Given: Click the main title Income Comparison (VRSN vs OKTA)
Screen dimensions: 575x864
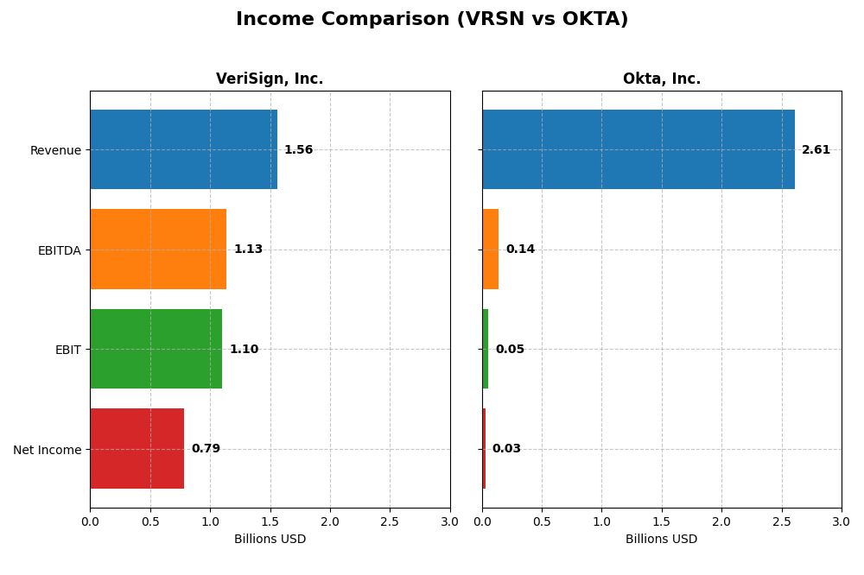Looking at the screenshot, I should point(432,19).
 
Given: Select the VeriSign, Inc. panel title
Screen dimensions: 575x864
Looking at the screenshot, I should point(270,79).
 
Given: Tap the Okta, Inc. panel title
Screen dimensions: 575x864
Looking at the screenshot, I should point(662,79).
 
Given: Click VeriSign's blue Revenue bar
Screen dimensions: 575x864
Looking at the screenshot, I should point(183,149).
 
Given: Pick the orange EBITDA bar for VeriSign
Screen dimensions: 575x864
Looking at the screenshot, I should point(158,249).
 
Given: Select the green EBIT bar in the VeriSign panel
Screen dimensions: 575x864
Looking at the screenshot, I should point(156,349).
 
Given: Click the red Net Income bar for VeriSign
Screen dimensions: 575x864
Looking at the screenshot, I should point(137,448).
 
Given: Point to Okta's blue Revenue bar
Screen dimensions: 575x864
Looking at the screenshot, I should point(638,149).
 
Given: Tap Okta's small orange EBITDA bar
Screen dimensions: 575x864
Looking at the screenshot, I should point(490,249).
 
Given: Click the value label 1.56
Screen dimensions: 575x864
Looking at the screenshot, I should point(298,150).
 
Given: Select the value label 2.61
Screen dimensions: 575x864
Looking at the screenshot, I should point(816,150).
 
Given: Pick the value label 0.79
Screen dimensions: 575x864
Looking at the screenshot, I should point(206,449).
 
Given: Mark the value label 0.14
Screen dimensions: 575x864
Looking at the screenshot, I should point(520,250).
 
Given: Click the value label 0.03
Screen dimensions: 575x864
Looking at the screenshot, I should point(506,449).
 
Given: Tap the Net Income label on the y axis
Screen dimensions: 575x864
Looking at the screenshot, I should point(48,450).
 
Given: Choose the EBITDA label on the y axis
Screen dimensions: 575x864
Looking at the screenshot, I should point(59,250).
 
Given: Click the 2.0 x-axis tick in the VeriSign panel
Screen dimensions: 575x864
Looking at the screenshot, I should point(330,521).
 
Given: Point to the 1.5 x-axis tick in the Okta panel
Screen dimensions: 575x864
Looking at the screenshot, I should point(662,521).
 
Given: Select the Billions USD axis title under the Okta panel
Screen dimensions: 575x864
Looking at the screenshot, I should point(662,539).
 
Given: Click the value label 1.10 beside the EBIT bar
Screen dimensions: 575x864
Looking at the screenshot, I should point(244,350).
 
